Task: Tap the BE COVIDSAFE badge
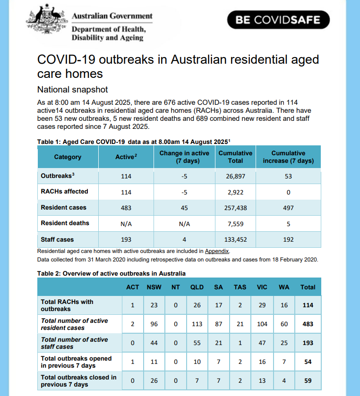pos(278,20)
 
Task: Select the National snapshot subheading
pos(72,90)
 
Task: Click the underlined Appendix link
pos(216,251)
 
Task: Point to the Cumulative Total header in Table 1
pos(235,157)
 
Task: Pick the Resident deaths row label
pos(65,223)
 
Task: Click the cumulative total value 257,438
pos(235,208)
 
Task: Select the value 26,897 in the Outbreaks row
pos(235,176)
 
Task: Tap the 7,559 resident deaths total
pos(235,224)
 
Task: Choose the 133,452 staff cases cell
pos(235,239)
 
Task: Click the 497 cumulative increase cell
pos(288,208)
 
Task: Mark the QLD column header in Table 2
pos(197,287)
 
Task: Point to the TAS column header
pos(240,287)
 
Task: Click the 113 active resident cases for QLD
pos(197,324)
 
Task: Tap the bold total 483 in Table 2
pos(308,324)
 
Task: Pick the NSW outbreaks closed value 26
pos(154,381)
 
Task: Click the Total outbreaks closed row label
pos(78,381)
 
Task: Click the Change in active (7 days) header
pos(184,157)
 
